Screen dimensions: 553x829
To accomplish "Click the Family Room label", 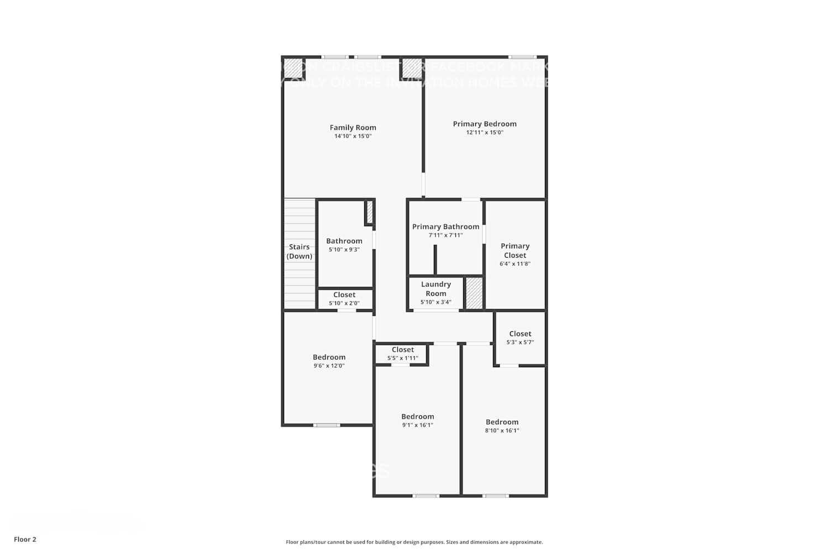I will pos(353,128).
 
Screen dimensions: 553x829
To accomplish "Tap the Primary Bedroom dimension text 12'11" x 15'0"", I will pos(485,133).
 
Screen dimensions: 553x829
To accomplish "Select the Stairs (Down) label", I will pos(299,252).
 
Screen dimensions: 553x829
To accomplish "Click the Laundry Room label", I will pos(436,289).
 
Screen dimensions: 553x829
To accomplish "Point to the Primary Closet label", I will pos(515,251).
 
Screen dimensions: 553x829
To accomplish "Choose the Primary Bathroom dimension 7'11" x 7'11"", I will pos(445,235).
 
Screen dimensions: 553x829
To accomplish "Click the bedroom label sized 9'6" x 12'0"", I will pos(329,357).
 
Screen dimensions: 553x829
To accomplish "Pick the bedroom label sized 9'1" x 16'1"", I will pos(417,417).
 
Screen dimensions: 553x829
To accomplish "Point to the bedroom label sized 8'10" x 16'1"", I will pos(502,422).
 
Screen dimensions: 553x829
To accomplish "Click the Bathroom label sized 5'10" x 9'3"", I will pos(344,241).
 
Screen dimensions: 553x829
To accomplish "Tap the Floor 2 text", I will pos(25,540).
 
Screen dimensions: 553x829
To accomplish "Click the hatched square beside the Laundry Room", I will pos(474,293).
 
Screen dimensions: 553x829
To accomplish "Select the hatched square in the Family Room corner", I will pos(293,68).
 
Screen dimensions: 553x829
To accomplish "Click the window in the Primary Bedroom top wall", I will pos(522,57).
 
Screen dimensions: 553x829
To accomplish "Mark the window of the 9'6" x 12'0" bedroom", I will pos(327,425).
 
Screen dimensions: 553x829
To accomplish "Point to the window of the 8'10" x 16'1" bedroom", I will pos(496,496).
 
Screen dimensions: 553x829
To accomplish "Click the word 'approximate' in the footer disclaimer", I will pos(526,542).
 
